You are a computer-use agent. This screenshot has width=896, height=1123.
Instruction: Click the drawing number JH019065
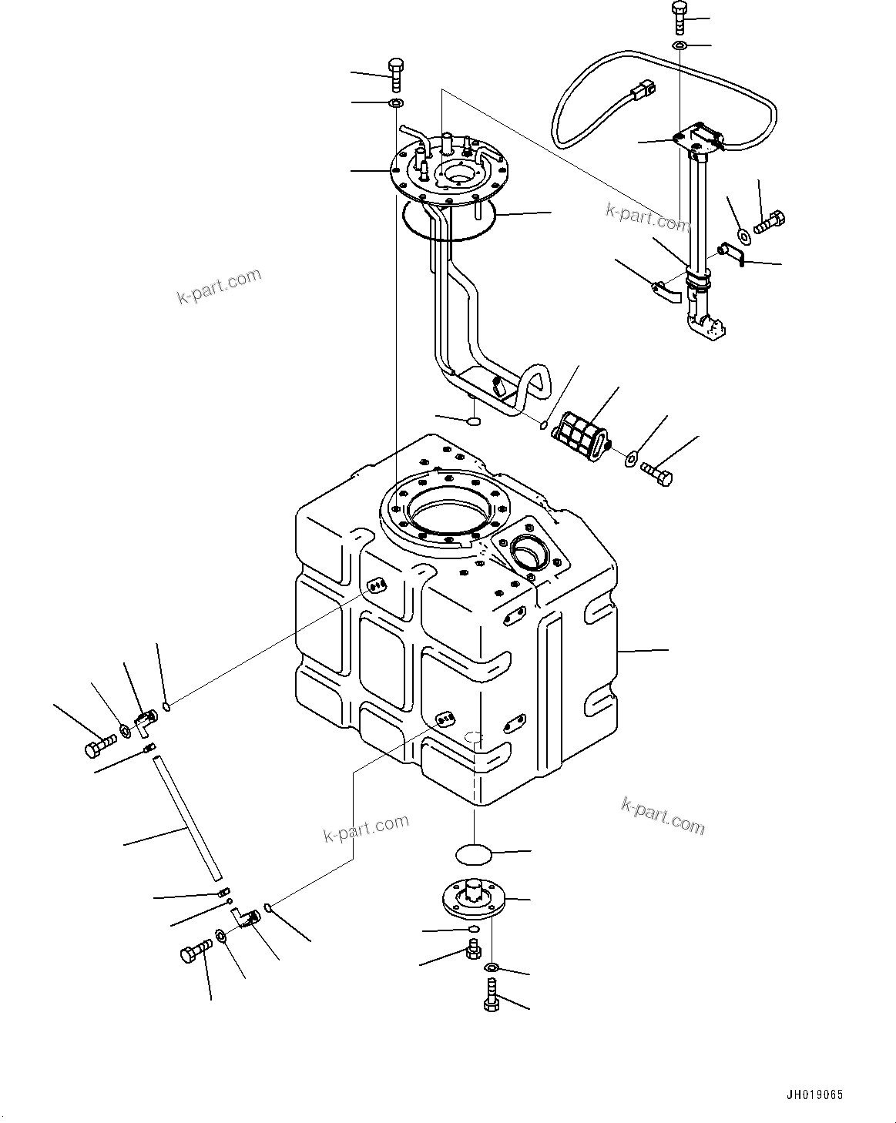[x=814, y=1095]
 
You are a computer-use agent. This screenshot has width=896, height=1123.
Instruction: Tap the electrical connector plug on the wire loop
[x=640, y=92]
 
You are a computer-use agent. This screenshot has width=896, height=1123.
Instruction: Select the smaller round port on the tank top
[x=528, y=553]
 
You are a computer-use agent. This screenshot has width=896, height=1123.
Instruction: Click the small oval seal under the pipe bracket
[x=472, y=421]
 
